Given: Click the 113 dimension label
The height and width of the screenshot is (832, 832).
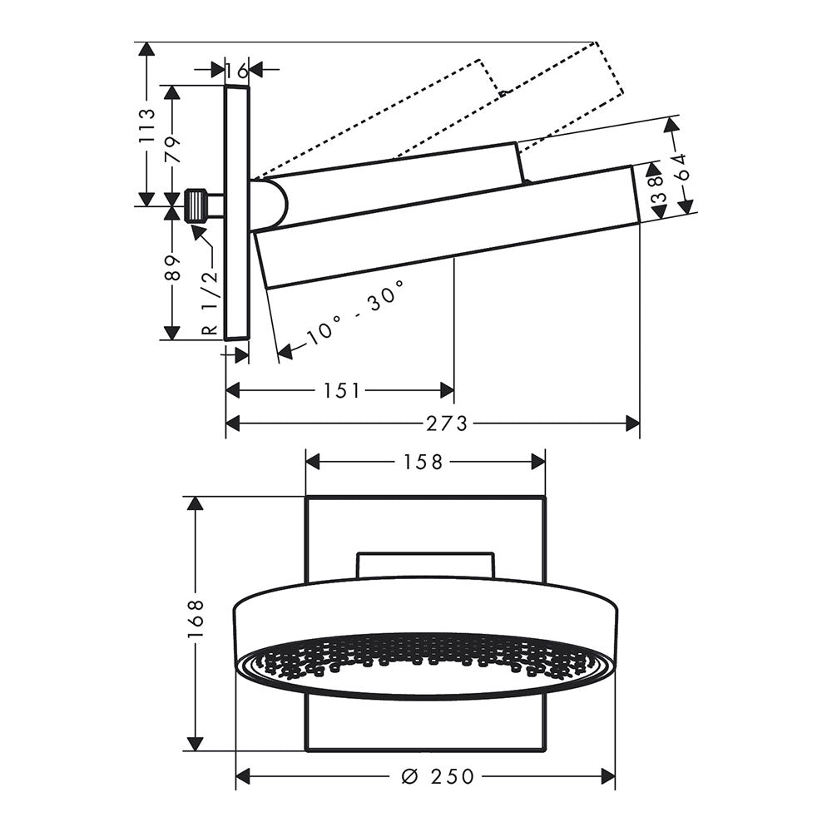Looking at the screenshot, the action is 146,126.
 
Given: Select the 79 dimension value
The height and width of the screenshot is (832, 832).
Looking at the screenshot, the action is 172,150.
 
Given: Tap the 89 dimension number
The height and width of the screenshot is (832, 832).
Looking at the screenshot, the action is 172,267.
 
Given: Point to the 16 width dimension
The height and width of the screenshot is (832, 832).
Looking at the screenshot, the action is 236,70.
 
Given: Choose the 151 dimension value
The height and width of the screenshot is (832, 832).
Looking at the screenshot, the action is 342,391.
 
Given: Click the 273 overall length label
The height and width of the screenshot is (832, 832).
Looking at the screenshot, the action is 448,423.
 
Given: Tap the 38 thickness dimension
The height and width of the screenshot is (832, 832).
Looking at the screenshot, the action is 657,190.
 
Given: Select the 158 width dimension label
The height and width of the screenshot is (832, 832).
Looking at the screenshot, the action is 423,462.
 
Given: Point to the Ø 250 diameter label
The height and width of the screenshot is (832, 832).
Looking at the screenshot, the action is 438,777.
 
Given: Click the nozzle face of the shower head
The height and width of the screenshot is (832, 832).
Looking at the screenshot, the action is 424,662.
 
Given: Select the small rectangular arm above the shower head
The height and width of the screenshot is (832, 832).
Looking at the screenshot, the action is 425,566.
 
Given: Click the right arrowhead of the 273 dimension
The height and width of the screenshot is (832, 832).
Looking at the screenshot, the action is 633,423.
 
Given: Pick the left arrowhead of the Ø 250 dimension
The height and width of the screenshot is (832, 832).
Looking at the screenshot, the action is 242,777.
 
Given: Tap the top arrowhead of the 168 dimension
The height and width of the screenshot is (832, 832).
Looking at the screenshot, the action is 196,503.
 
